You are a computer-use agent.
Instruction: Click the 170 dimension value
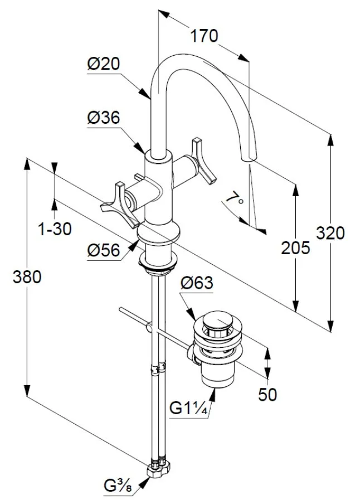coord(205,36)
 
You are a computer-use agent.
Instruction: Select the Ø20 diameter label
coord(104,65)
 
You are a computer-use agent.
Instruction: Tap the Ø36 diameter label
coord(104,118)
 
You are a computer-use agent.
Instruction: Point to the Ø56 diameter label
coord(104,251)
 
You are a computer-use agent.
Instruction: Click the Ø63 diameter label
coord(197,283)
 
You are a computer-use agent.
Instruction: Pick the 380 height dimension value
coord(27,277)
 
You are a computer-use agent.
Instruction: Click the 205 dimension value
coord(295,247)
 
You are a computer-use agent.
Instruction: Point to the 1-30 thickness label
coord(55,229)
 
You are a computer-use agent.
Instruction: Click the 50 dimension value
coord(267,394)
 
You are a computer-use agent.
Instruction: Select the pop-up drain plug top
coord(217,322)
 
